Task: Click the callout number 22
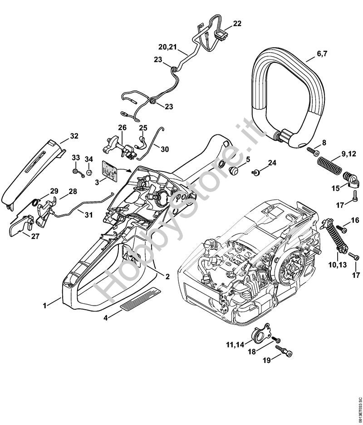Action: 237,24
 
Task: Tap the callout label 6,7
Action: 322,54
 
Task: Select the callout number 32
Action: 74,136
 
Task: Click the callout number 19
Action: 268,361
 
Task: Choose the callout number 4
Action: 106,318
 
